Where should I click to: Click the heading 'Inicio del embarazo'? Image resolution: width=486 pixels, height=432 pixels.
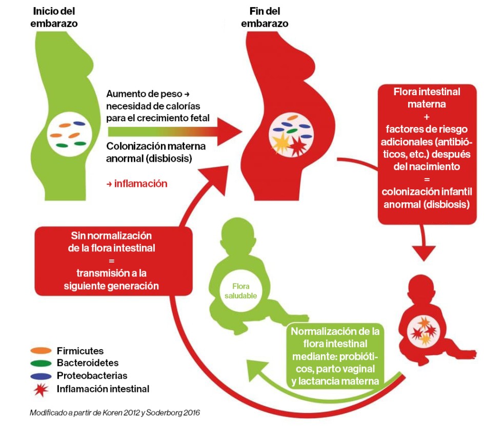coord(55,17)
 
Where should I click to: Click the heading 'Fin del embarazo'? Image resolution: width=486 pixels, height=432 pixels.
coord(265,17)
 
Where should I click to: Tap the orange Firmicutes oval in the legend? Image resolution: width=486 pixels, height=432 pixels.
coord(41,351)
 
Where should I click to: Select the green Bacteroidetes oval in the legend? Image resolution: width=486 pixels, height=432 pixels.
coord(41,363)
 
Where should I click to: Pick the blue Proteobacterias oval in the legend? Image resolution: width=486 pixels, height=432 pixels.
coord(41,376)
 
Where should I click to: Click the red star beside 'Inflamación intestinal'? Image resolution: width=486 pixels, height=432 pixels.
coord(41,388)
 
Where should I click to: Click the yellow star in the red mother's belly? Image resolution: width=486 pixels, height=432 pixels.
coord(281,144)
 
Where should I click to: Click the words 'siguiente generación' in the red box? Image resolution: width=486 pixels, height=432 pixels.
coord(111,286)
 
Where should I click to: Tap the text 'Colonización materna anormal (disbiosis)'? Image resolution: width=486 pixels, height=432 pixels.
coord(156,153)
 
